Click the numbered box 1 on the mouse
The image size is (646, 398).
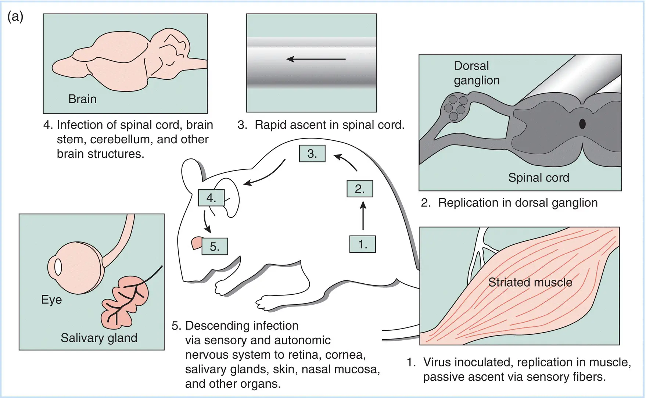tap(362, 244)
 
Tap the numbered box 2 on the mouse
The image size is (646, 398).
tap(360, 189)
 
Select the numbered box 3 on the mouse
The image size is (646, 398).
tap(312, 154)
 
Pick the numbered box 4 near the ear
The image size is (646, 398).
tap(211, 198)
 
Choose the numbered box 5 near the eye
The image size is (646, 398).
tap(215, 247)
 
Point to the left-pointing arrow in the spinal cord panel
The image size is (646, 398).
tap(316, 59)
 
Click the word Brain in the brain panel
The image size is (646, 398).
tap(82, 99)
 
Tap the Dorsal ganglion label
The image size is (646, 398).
tap(476, 73)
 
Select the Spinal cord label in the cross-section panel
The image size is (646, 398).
tap(538, 178)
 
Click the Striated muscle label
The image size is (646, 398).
tap(530, 282)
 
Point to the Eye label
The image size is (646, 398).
tap(51, 300)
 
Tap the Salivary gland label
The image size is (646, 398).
tap(99, 338)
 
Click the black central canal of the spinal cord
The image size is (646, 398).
tap(582, 124)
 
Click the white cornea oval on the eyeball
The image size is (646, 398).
tap(58, 267)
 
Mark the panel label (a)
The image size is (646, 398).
tap(15, 17)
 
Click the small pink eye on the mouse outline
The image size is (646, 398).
tap(197, 243)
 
